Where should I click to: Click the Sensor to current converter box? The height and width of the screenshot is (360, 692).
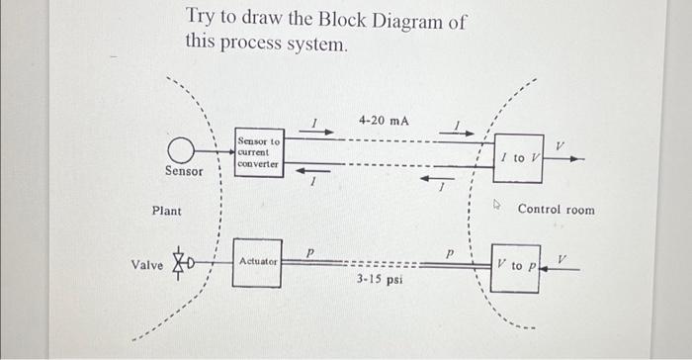tap(259, 153)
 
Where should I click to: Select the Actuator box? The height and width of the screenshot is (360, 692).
tap(257, 262)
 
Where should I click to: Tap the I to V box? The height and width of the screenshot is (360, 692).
tap(518, 158)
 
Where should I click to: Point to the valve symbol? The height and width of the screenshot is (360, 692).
tap(181, 264)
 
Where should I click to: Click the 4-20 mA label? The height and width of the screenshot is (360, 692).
tap(384, 121)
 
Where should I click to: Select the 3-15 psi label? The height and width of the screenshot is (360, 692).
tap(380, 280)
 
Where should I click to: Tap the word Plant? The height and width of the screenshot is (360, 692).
tap(166, 211)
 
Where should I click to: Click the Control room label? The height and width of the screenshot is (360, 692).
tap(557, 210)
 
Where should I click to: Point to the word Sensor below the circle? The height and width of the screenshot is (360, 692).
tap(184, 172)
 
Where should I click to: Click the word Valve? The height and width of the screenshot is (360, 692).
tap(147, 265)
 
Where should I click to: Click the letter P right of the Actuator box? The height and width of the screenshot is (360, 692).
tap(309, 253)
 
